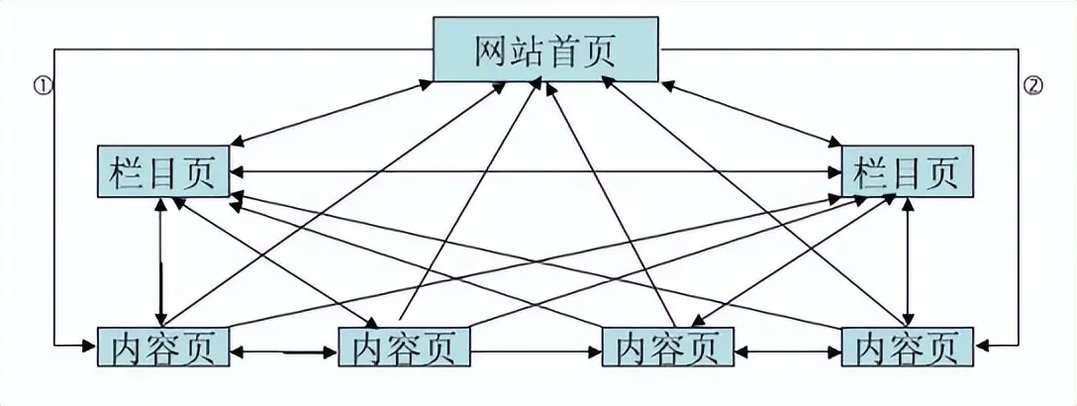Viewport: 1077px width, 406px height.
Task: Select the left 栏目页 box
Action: (x=163, y=172)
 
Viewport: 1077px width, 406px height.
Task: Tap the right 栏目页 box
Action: (x=908, y=172)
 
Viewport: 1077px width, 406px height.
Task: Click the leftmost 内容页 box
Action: (x=163, y=348)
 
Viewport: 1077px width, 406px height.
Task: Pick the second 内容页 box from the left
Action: (x=404, y=348)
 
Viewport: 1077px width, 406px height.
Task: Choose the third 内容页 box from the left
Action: (x=667, y=348)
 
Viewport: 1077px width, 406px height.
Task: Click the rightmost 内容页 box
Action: (x=908, y=348)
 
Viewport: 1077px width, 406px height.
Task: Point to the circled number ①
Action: (x=42, y=86)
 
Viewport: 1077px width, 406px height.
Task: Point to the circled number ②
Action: (x=1033, y=86)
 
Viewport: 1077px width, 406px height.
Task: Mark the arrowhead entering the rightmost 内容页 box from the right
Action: (x=983, y=345)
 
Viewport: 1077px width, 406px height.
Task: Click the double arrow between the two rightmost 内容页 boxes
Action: (x=787, y=350)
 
